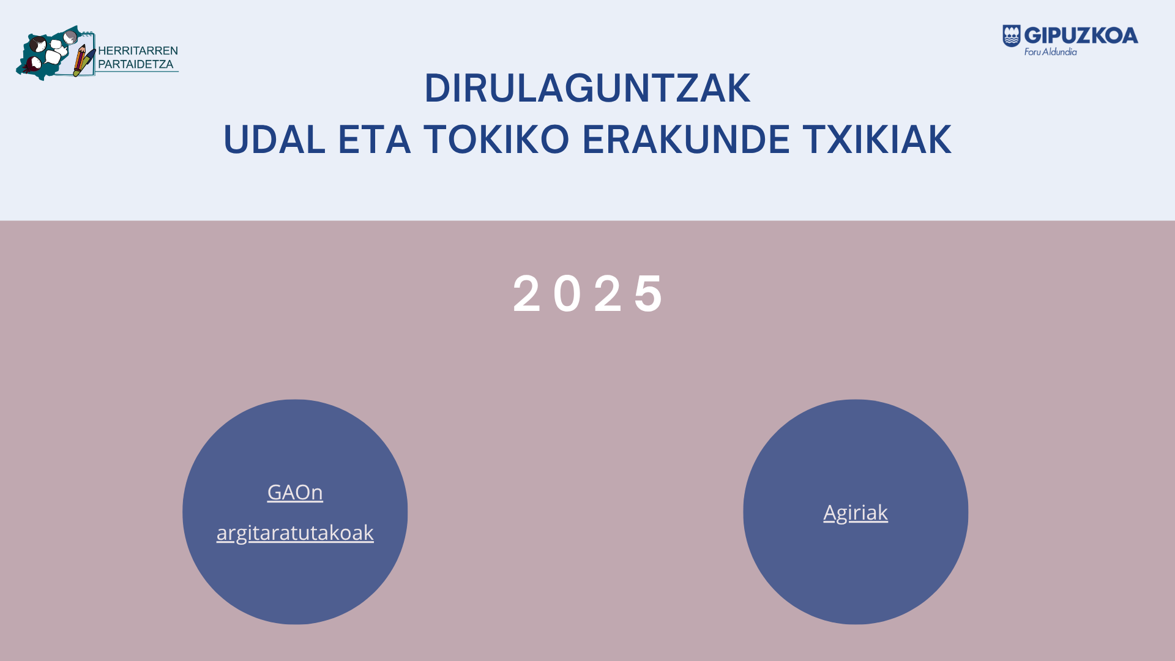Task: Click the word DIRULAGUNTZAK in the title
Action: [x=587, y=88]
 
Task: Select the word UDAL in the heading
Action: [x=274, y=140]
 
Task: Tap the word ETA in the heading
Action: [x=374, y=140]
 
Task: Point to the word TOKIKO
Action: [x=496, y=140]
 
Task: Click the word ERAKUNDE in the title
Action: [x=686, y=140]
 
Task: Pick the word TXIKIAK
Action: [x=878, y=140]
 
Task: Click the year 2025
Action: [x=587, y=294]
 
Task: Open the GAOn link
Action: [x=295, y=492]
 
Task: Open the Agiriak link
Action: [x=856, y=513]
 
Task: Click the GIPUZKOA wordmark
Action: [x=1081, y=36]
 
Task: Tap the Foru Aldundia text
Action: [x=1051, y=52]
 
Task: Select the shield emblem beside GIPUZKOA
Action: [x=1012, y=36]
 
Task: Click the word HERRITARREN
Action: [x=138, y=51]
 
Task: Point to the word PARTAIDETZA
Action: [x=136, y=64]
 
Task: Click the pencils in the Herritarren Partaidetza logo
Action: [x=83, y=60]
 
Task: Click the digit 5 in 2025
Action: [x=649, y=294]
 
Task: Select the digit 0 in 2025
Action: [x=567, y=294]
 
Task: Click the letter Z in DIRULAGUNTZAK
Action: [x=682, y=88]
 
